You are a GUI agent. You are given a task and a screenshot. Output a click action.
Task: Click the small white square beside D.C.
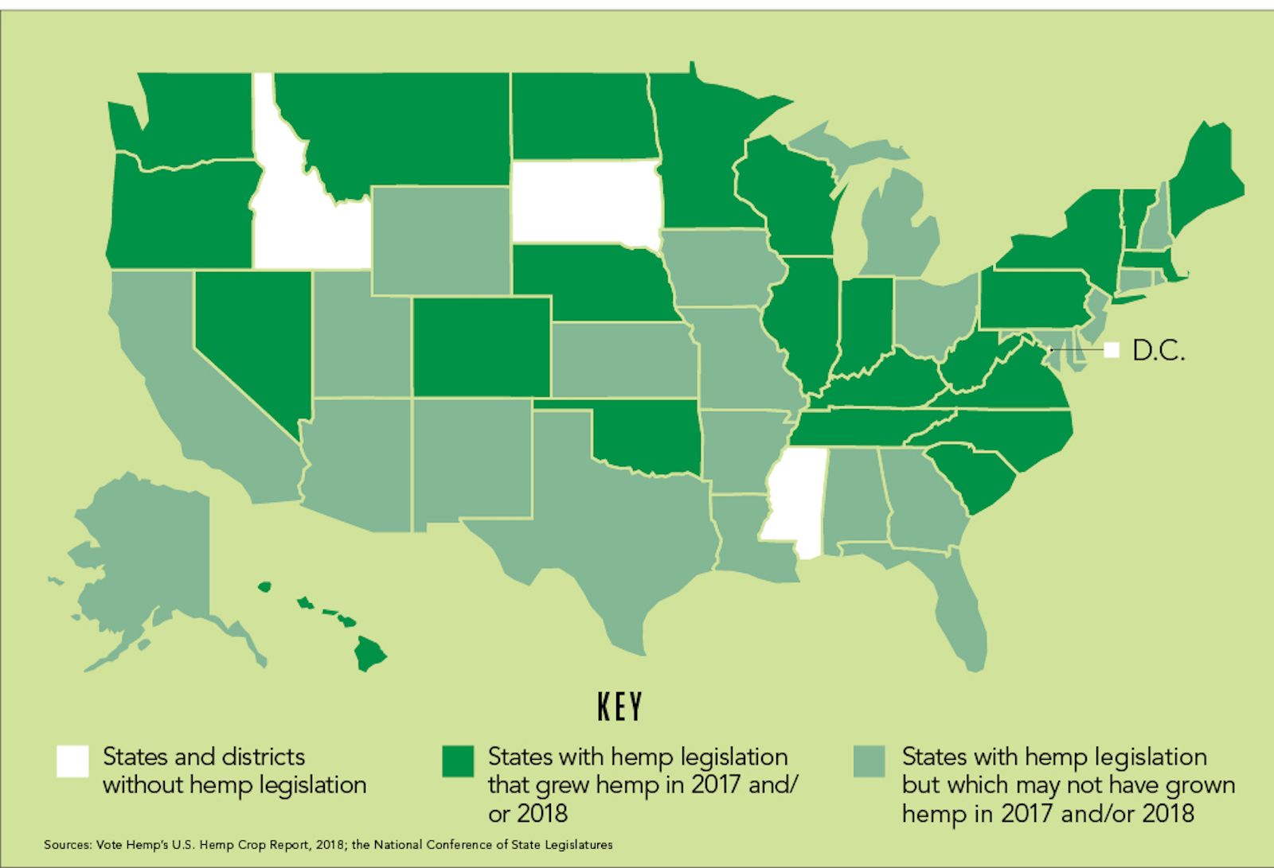pos(1112,349)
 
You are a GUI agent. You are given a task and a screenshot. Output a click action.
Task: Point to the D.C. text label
pos(1158,350)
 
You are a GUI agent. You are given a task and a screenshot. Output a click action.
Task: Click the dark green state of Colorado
pos(481,346)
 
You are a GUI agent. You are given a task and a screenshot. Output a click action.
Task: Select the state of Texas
pos(605,517)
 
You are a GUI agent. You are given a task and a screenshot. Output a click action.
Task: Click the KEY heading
pos(619,706)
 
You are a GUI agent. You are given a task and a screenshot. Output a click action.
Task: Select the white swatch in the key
pos(72,761)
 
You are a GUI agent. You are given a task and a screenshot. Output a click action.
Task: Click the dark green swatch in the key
pos(458,761)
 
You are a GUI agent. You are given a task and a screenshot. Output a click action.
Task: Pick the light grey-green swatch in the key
pos(869,761)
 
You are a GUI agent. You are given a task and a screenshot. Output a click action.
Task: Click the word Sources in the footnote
pos(67,844)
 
